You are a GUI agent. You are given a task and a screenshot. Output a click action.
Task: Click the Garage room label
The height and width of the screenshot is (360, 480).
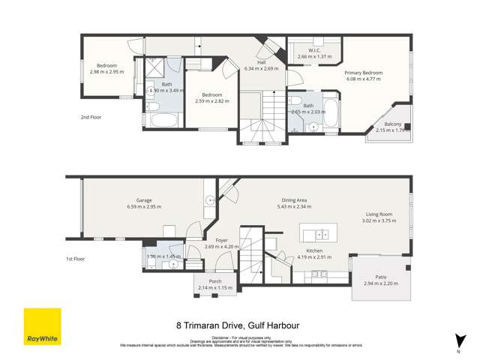[144, 199]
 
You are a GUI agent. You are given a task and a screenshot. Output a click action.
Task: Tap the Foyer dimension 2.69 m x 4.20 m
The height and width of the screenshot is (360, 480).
[221, 246]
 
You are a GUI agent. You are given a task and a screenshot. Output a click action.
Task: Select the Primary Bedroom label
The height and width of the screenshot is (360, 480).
[364, 72]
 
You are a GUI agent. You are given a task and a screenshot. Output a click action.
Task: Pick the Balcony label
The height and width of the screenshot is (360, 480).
[393, 124]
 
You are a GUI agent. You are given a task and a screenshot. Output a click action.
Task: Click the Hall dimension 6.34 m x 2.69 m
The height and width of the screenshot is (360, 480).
[261, 68]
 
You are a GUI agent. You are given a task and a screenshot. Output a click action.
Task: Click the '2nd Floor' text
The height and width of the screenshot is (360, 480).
[91, 117]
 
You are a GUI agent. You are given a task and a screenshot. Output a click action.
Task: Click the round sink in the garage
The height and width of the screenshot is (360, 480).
[210, 200]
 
